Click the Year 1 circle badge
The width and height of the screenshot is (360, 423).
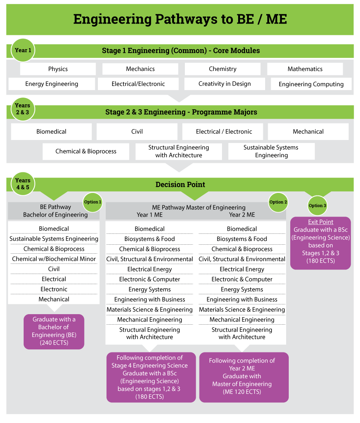[x=23, y=50]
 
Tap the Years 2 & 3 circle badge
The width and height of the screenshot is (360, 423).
[x=23, y=109]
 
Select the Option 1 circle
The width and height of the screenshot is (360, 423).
[x=93, y=202]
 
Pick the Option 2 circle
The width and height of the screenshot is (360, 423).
[x=278, y=202]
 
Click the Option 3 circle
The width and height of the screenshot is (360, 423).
[x=318, y=205]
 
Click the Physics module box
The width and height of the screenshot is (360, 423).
[x=58, y=69]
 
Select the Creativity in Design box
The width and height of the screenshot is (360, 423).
[x=225, y=84]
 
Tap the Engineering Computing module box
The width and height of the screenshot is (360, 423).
[x=311, y=84]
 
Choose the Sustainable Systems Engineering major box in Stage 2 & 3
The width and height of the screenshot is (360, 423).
[x=271, y=151]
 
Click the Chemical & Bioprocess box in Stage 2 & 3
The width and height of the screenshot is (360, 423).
[x=86, y=151]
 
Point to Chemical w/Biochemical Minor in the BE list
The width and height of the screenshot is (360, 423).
[x=54, y=259]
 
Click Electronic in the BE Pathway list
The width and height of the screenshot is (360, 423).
[x=54, y=289]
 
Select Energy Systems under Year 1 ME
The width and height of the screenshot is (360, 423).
[x=150, y=289]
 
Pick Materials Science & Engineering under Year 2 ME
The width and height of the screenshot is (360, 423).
[x=242, y=310]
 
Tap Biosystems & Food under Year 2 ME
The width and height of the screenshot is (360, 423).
[x=242, y=239]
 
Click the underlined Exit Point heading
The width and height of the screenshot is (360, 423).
[x=321, y=222]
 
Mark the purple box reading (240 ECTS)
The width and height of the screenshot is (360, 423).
[x=54, y=331]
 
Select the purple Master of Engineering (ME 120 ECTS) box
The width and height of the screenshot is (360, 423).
[x=244, y=376]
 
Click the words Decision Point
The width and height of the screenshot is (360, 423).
[x=180, y=184]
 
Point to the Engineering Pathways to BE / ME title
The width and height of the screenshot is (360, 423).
[x=180, y=19]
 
